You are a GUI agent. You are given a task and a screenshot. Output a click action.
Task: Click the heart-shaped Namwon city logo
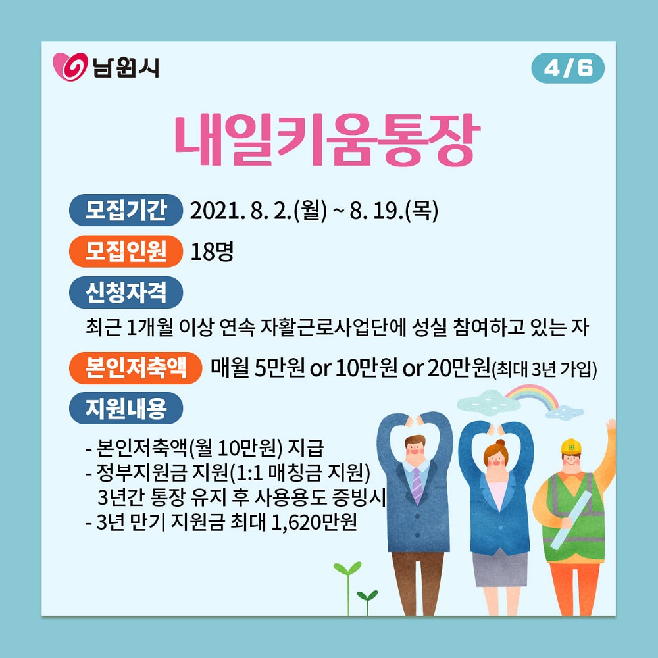point(70,66)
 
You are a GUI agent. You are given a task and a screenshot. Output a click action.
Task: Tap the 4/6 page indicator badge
point(568,68)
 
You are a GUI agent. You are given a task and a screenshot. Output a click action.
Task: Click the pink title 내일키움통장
point(327,139)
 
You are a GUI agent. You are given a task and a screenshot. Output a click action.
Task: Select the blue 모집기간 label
point(126,210)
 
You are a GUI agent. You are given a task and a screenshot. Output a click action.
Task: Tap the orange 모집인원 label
point(126,251)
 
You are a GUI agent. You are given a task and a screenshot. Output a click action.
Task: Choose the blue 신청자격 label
point(126,292)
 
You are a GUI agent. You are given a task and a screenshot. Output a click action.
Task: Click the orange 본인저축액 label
point(136,368)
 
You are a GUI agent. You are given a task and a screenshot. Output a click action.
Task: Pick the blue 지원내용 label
point(126,408)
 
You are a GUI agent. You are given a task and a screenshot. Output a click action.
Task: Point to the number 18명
point(212,251)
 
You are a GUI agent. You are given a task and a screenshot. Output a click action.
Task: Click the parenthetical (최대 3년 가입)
point(544,369)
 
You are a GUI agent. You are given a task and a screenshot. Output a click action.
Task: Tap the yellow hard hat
point(571,445)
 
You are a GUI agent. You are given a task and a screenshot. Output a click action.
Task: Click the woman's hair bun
point(501,443)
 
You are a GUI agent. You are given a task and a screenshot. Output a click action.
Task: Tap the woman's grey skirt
point(499,569)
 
